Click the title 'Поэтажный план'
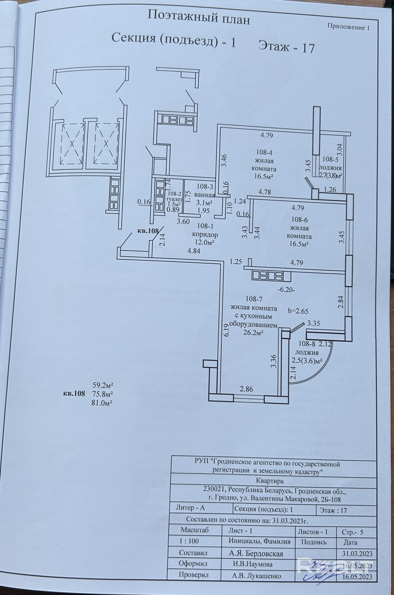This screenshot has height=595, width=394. click(x=198, y=18)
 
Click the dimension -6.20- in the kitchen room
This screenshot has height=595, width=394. click(x=286, y=289)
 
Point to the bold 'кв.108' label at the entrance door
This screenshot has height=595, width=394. click(x=148, y=231)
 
